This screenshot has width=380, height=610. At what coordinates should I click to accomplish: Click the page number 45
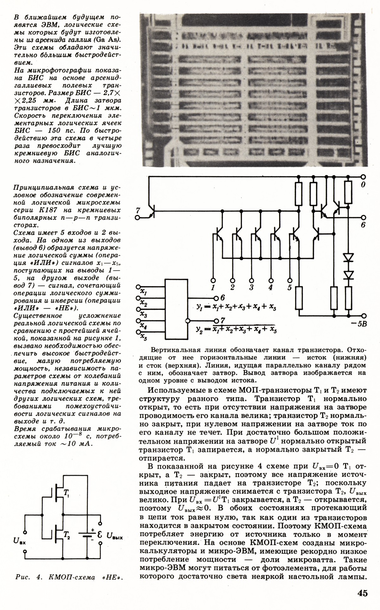point(363,592)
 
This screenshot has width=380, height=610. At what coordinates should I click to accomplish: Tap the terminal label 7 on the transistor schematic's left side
point(137,211)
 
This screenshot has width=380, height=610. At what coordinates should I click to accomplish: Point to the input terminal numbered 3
point(251,287)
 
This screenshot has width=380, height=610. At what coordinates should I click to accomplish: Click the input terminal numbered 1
point(213,287)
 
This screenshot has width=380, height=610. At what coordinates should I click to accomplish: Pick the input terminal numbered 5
point(289,287)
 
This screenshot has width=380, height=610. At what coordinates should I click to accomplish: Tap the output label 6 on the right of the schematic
point(363,225)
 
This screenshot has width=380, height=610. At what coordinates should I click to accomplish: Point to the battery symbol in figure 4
point(85,534)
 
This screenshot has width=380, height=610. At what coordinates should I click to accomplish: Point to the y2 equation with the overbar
point(236,330)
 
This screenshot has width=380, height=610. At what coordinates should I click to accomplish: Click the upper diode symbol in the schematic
point(348,258)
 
